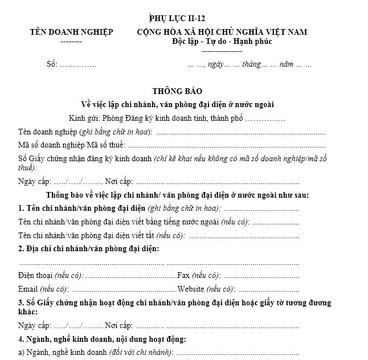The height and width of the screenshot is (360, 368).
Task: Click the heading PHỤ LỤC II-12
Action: pyautogui.click(x=177, y=18)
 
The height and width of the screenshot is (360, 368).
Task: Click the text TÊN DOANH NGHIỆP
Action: pyautogui.click(x=71, y=32)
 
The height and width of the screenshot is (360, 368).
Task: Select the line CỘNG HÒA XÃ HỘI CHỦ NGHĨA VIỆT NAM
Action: pyautogui.click(x=222, y=32)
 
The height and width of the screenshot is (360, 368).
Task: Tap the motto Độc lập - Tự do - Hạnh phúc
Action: pyautogui.click(x=222, y=42)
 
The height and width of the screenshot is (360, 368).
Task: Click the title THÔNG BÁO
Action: pyautogui.click(x=177, y=91)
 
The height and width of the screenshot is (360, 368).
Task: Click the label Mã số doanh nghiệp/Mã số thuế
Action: pyautogui.click(x=71, y=145)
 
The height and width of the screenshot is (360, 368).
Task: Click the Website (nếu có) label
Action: pyautogui.click(x=205, y=289)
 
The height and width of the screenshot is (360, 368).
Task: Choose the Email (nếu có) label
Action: pyautogui.click(x=43, y=289)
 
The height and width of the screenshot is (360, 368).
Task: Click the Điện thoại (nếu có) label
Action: pyautogui.click(x=51, y=276)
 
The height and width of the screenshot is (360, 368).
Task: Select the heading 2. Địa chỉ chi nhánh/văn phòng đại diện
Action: pyautogui.click(x=88, y=249)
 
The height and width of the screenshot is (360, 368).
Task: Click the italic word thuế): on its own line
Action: pyautogui.click(x=28, y=167)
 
